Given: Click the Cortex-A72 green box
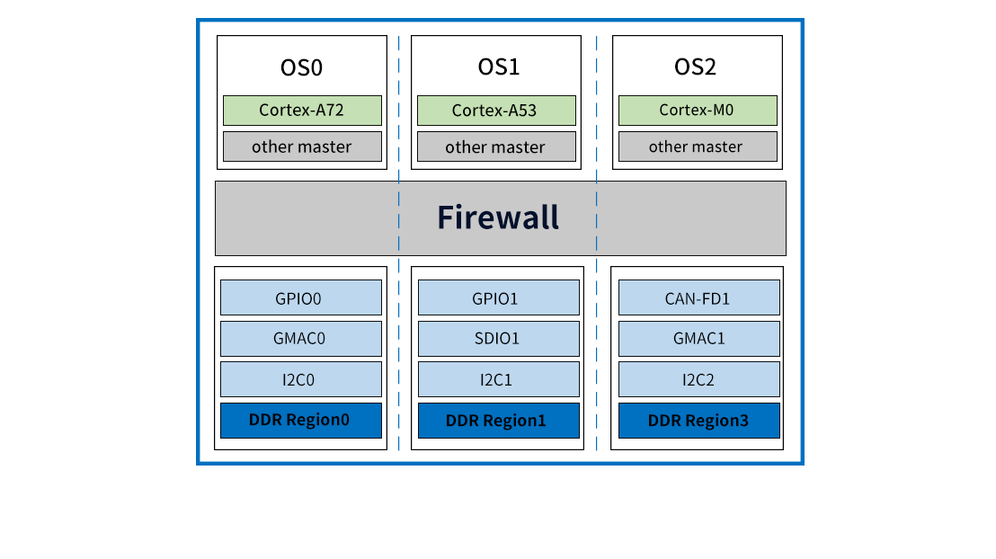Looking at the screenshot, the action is (x=302, y=111).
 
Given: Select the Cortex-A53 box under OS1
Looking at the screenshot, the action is (x=495, y=111).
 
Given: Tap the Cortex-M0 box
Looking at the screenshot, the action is (x=697, y=111).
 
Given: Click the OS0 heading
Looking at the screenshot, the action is (x=301, y=68).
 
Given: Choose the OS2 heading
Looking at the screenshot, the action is (x=695, y=68).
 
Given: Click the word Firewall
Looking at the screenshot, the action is (x=498, y=217).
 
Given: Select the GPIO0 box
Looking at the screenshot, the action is (x=300, y=298).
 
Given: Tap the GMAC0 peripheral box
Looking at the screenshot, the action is (x=300, y=339).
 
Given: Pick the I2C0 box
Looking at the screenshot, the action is (x=300, y=379).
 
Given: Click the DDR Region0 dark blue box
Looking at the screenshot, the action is (x=300, y=420).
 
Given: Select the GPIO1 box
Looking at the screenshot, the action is (x=497, y=298).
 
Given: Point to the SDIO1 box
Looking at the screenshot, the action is (x=497, y=339).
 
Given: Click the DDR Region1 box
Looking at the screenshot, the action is (x=497, y=420).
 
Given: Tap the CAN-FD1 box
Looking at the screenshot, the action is (x=698, y=298).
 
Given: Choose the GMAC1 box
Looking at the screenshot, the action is (x=698, y=339).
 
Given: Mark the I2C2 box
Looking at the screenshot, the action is (x=698, y=379).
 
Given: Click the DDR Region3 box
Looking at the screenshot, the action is (x=698, y=420).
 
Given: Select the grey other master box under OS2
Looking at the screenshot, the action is (x=697, y=146).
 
